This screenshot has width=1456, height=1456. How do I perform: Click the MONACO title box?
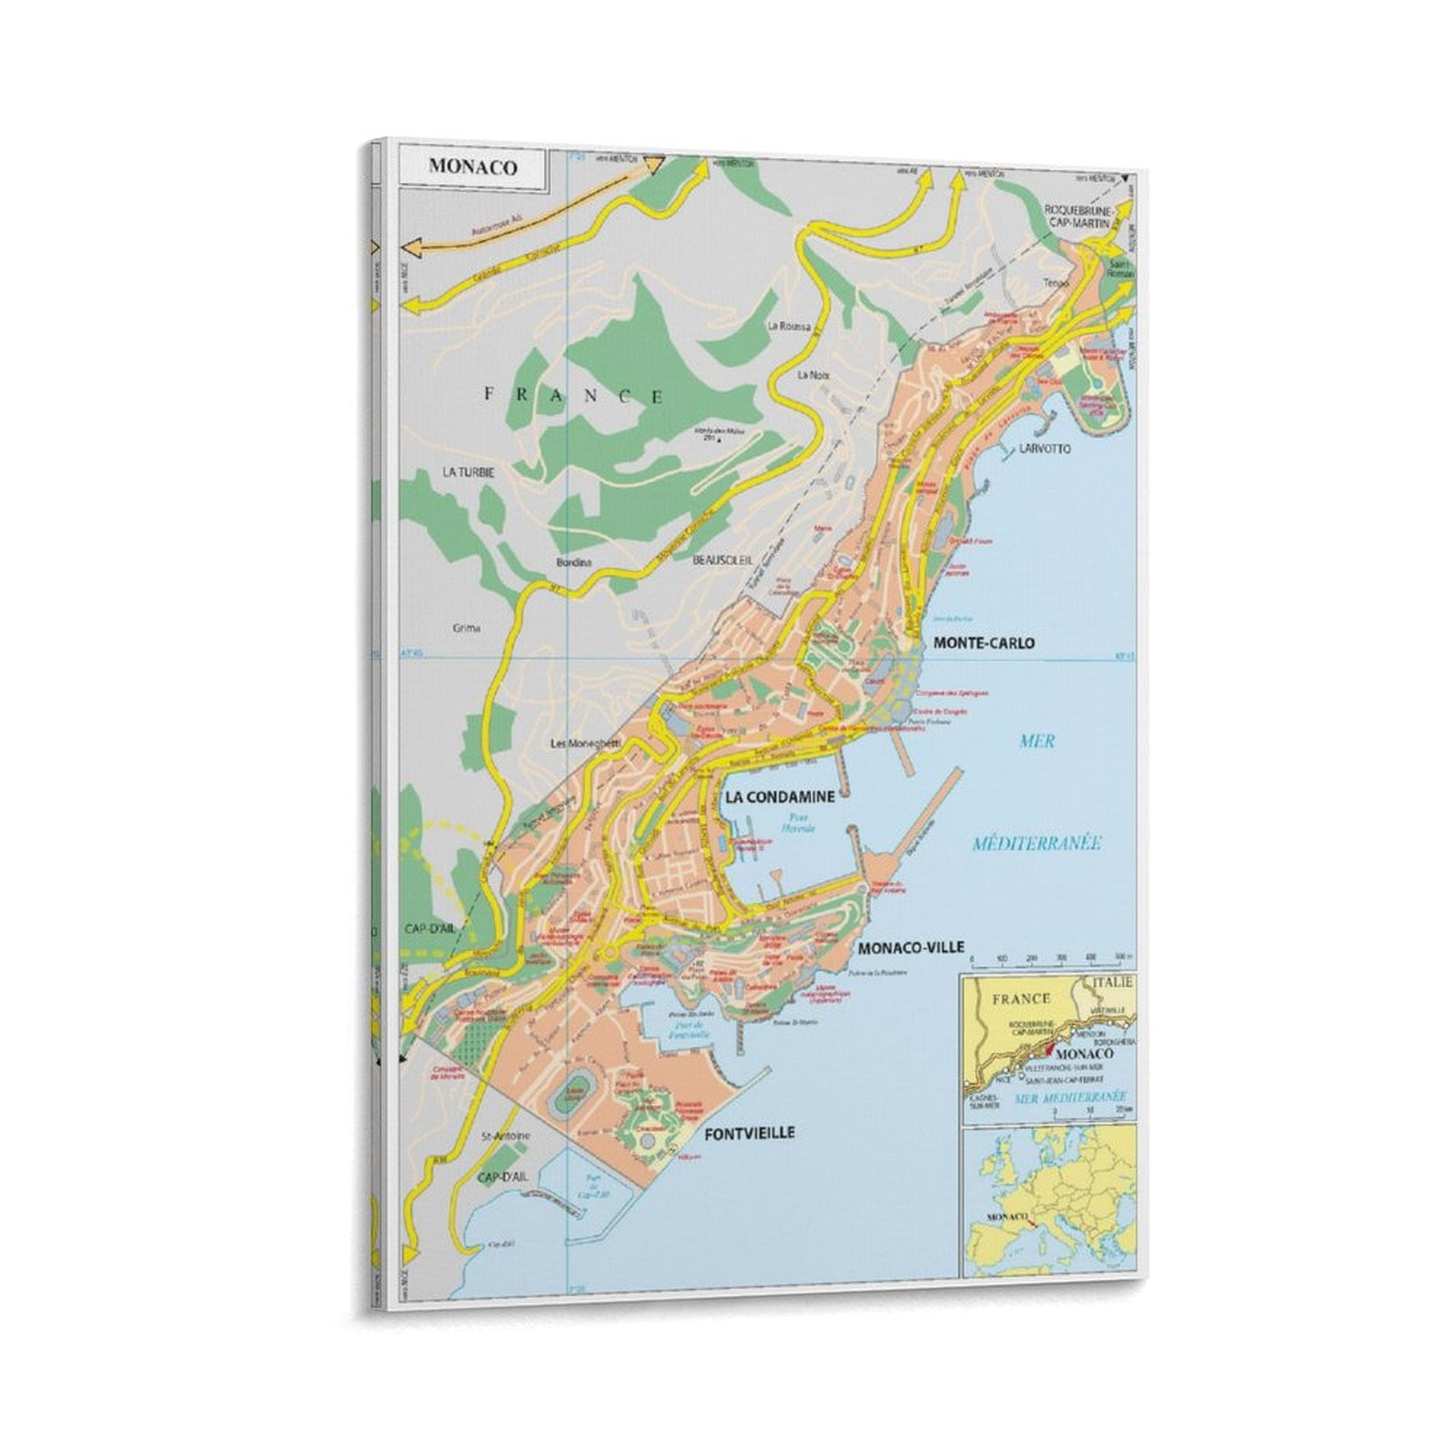473,167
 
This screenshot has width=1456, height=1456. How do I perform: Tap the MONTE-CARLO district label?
984,642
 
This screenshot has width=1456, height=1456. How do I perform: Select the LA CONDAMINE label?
779,796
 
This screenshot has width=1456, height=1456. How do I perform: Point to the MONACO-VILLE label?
910,947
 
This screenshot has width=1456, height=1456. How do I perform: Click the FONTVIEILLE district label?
749,1133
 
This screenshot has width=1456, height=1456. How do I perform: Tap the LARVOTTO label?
1046,449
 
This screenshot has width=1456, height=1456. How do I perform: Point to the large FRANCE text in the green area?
573,395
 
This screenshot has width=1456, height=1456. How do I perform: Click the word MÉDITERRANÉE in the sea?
1036,844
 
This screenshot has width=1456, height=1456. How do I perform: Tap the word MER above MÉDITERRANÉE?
1037,741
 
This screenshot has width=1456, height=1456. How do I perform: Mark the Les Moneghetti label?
585,743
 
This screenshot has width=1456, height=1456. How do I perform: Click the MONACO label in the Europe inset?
1007,1216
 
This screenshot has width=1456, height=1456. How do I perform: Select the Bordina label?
573,562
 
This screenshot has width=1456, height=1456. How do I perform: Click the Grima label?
466,628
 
